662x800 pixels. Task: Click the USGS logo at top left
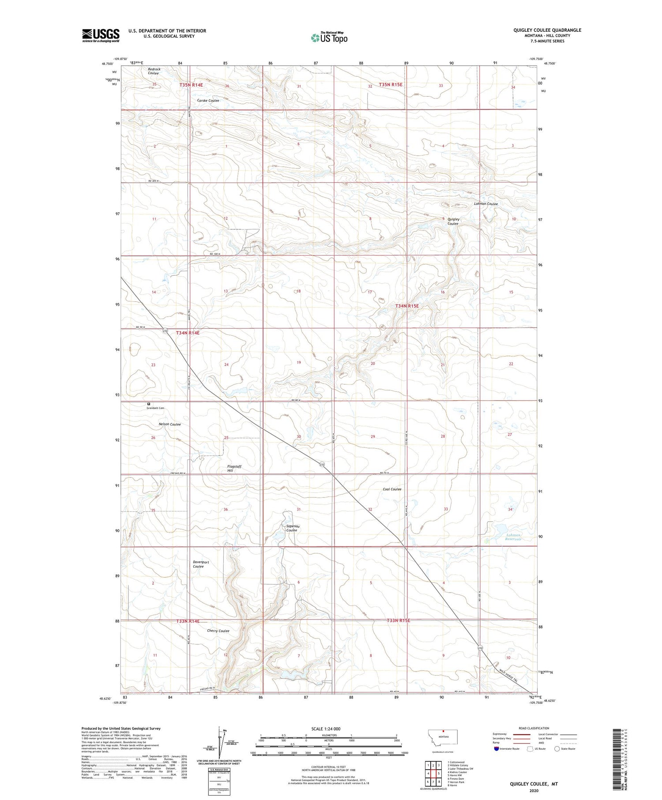coord(101,35)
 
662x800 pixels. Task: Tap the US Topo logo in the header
coord(329,38)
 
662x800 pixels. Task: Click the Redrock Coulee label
coord(154,71)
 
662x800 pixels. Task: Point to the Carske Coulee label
coord(208,101)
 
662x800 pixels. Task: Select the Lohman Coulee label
coord(485,204)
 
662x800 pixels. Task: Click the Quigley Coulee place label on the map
coord(453,221)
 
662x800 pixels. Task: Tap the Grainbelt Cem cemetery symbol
coord(149,403)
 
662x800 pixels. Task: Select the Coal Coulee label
coord(392,489)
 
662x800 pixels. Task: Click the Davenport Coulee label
coord(200,564)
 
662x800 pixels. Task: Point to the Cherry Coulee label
coord(218,631)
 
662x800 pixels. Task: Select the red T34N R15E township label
coord(406,306)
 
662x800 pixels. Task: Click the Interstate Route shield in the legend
coord(497,749)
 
